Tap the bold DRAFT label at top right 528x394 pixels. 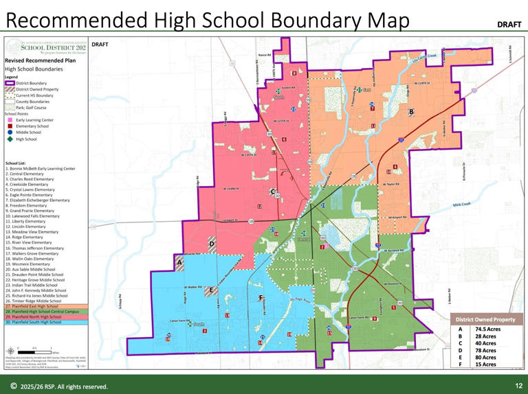tap(509, 24)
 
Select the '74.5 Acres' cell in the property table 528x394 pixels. tap(488, 329)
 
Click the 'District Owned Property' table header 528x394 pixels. tap(485, 319)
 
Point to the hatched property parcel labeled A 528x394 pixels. tap(180, 262)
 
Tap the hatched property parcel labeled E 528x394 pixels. tap(212, 291)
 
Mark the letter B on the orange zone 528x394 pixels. tap(411, 111)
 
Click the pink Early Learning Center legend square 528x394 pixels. tap(10, 119)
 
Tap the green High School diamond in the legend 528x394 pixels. tap(10, 139)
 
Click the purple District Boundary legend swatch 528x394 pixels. tap(10, 83)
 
